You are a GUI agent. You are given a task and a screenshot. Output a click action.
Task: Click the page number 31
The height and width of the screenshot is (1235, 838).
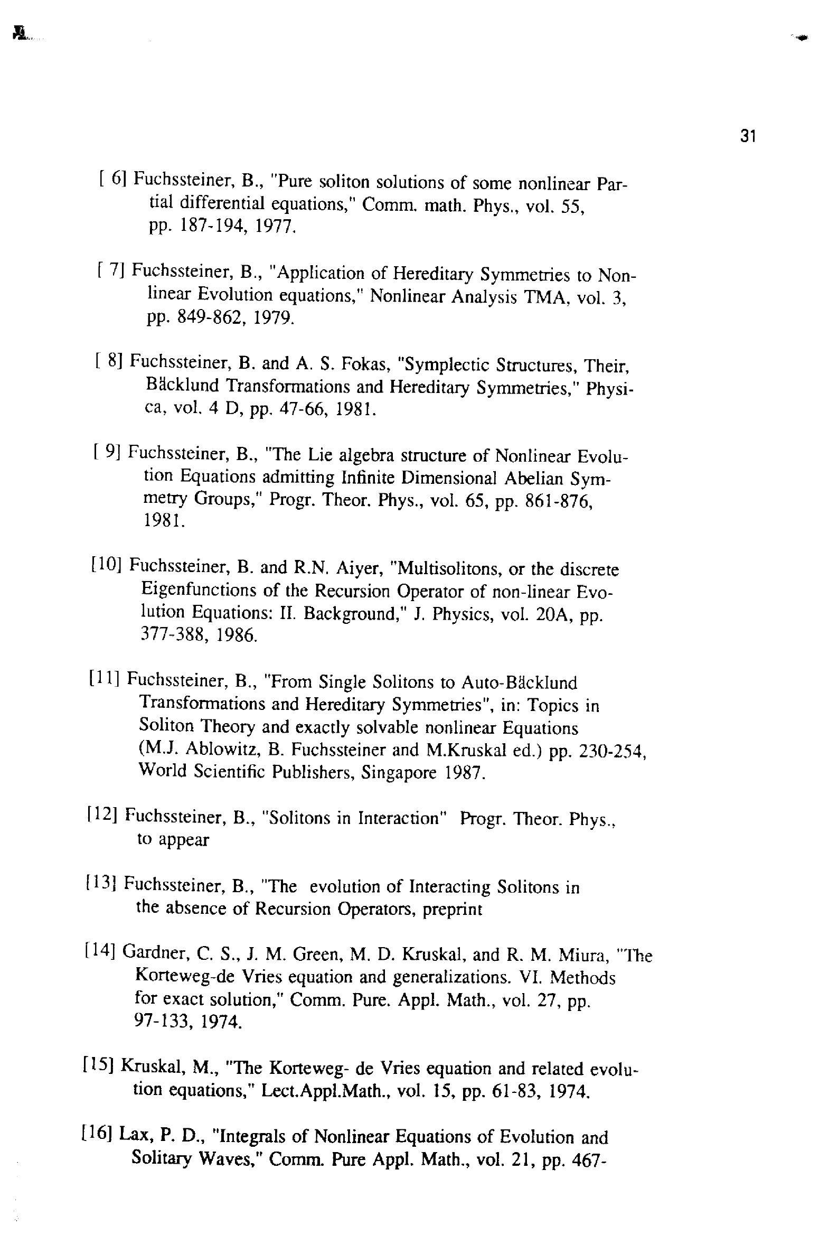pos(747,137)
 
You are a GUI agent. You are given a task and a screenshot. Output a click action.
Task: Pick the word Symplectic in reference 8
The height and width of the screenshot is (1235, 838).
pos(444,365)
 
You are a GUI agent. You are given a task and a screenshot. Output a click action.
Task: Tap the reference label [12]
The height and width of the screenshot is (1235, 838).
pos(102,815)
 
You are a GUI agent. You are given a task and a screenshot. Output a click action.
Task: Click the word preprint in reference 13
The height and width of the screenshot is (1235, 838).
pos(452,909)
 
